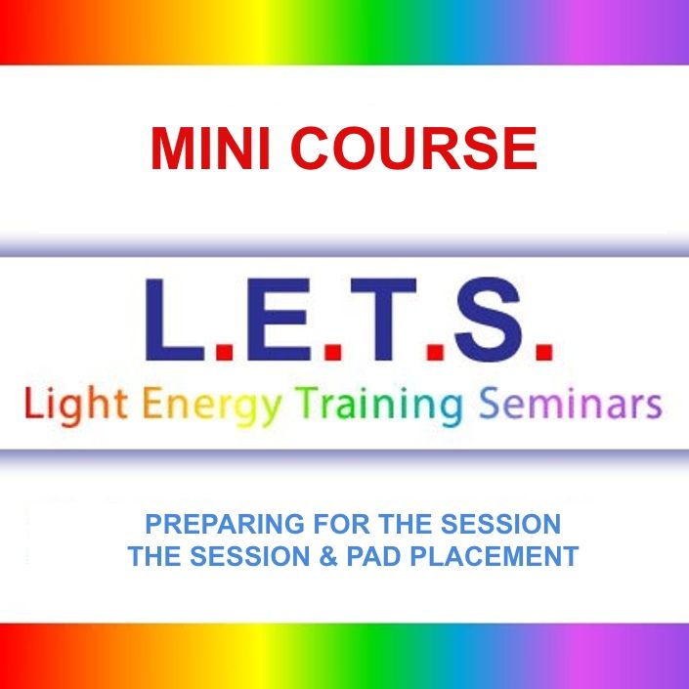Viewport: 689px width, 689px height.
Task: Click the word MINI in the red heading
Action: click(x=210, y=149)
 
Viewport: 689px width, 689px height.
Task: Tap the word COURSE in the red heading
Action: click(x=413, y=149)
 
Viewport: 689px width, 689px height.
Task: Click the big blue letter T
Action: click(x=383, y=320)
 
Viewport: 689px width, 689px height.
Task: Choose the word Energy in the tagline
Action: click(x=212, y=406)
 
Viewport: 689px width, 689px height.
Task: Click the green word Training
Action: click(x=379, y=406)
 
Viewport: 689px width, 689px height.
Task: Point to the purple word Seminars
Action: click(x=571, y=404)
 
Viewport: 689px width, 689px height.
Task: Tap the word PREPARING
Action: click(x=225, y=524)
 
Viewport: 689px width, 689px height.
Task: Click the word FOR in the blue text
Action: click(x=341, y=524)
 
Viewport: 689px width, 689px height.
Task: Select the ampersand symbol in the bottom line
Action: click(x=328, y=556)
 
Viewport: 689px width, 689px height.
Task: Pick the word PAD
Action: click(x=374, y=556)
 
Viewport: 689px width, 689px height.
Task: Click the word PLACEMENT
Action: click(x=495, y=556)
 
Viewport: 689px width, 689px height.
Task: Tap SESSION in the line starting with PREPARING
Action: click(x=500, y=524)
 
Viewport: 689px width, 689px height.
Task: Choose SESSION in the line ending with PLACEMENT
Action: click(x=250, y=556)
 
